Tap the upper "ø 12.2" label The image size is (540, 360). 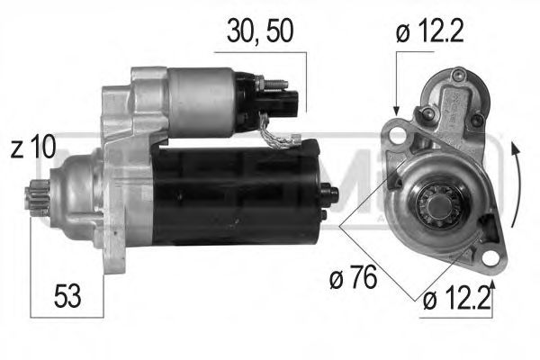click(x=430, y=33)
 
